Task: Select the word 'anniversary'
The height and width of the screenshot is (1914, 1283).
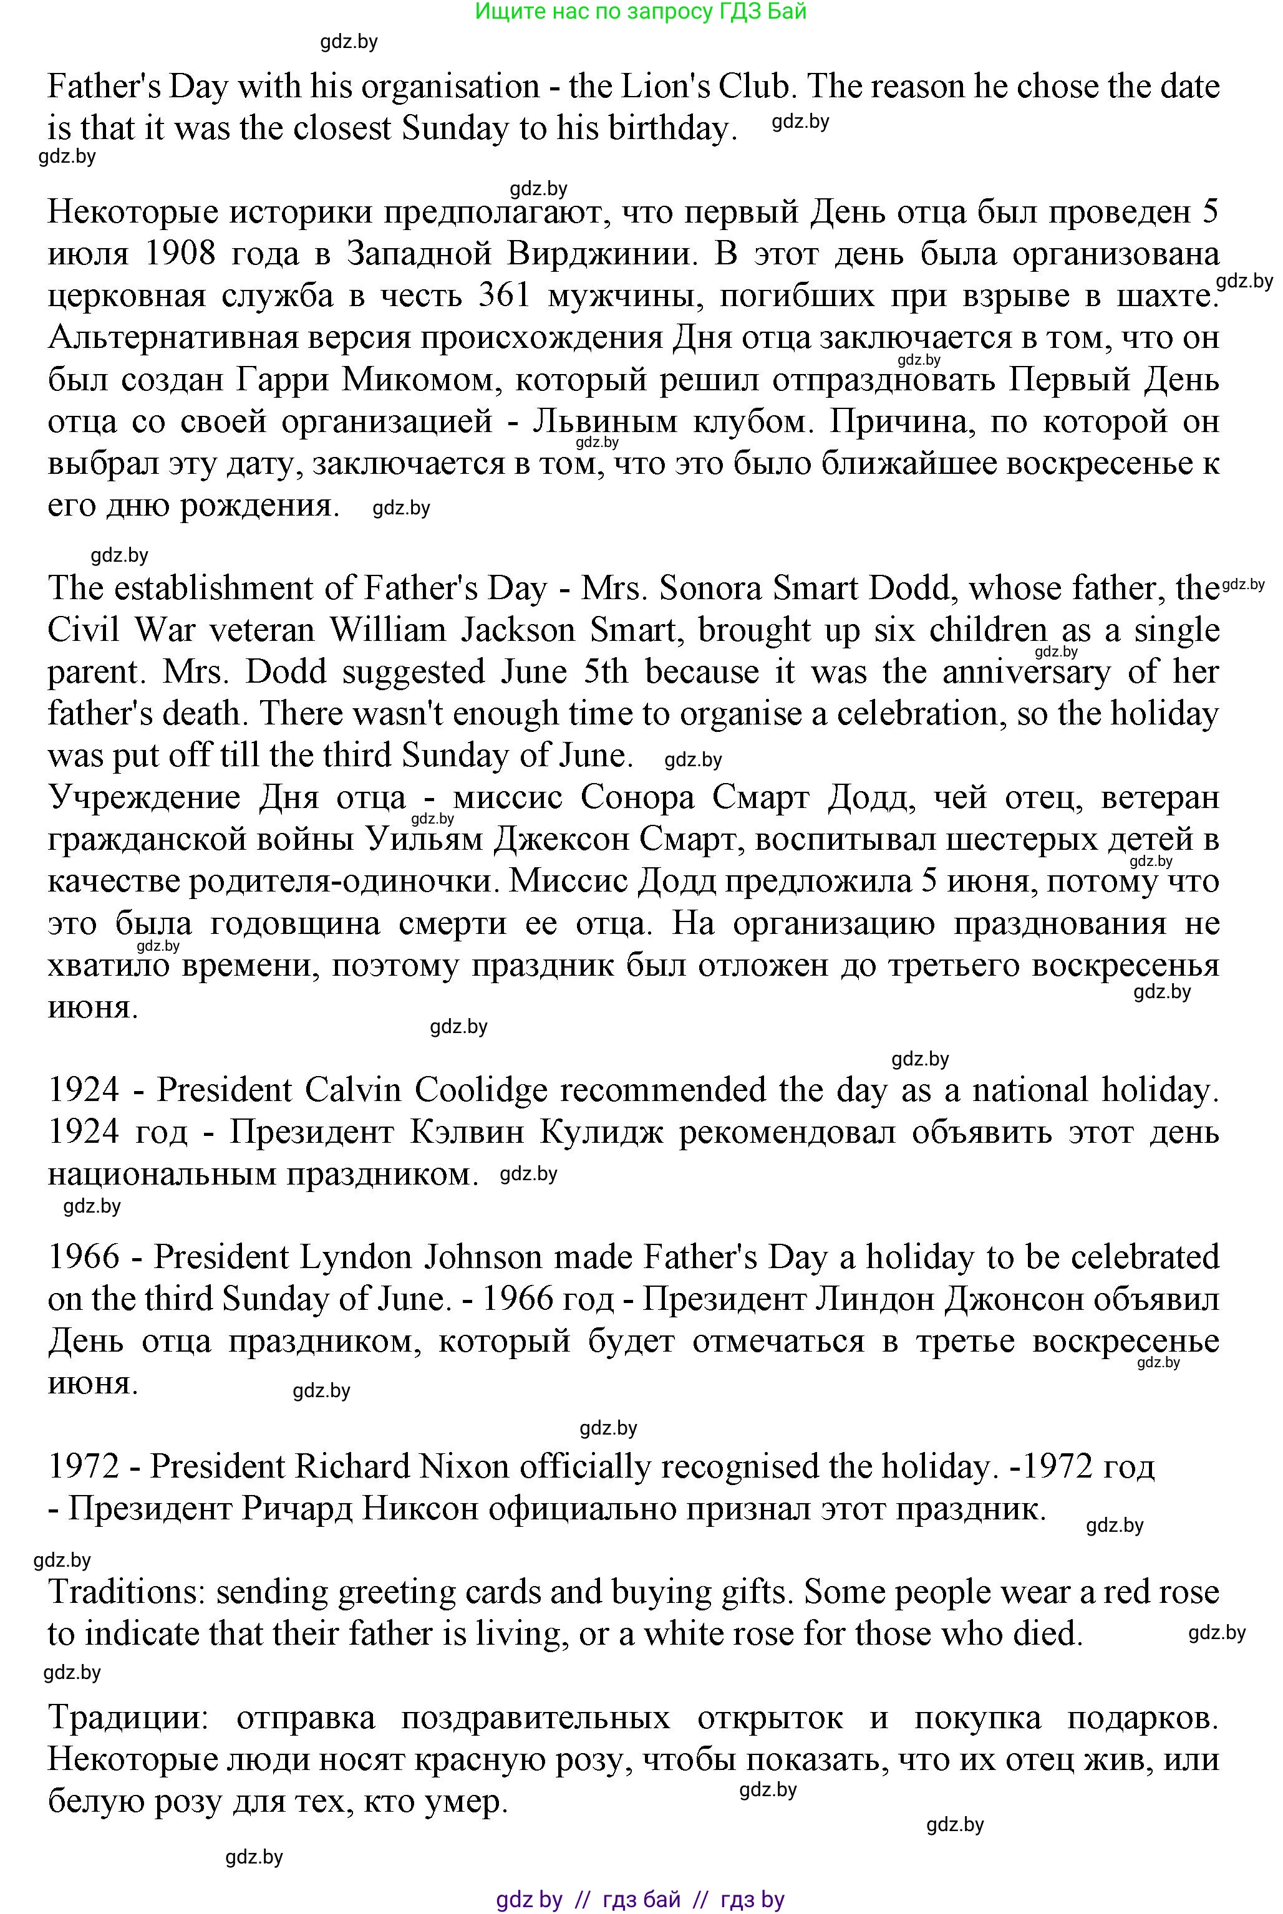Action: [1026, 672]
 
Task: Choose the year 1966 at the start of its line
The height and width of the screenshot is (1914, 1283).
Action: [84, 1257]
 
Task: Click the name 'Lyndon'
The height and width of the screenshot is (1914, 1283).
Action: [357, 1257]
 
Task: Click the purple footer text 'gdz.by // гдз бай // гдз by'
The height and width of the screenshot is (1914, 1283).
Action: [640, 1899]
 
